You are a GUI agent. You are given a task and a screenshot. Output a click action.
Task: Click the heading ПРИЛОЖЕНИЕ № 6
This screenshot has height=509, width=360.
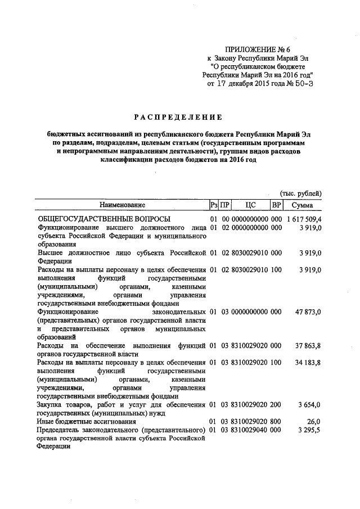pyautogui.click(x=256, y=48)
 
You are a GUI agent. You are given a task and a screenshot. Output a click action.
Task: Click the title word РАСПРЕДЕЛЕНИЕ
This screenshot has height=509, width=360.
pyautogui.click(x=178, y=117)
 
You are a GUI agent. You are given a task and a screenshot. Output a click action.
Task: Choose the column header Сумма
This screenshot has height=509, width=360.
pyautogui.click(x=303, y=205)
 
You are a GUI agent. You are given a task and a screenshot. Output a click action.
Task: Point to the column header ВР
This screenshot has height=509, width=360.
pyautogui.click(x=276, y=205)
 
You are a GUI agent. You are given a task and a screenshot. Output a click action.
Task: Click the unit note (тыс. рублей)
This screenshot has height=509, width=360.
pyautogui.click(x=301, y=193)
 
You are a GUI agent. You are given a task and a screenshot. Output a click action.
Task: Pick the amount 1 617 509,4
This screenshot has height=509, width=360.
pyautogui.click(x=304, y=218)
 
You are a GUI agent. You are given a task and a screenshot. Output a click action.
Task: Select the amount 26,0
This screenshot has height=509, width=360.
pyautogui.click(x=313, y=421)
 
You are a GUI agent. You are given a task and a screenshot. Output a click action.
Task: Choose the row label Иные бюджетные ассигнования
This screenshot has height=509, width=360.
pyautogui.click(x=86, y=421)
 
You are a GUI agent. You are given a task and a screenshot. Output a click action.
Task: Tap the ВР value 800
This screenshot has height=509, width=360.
pyautogui.click(x=276, y=421)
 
